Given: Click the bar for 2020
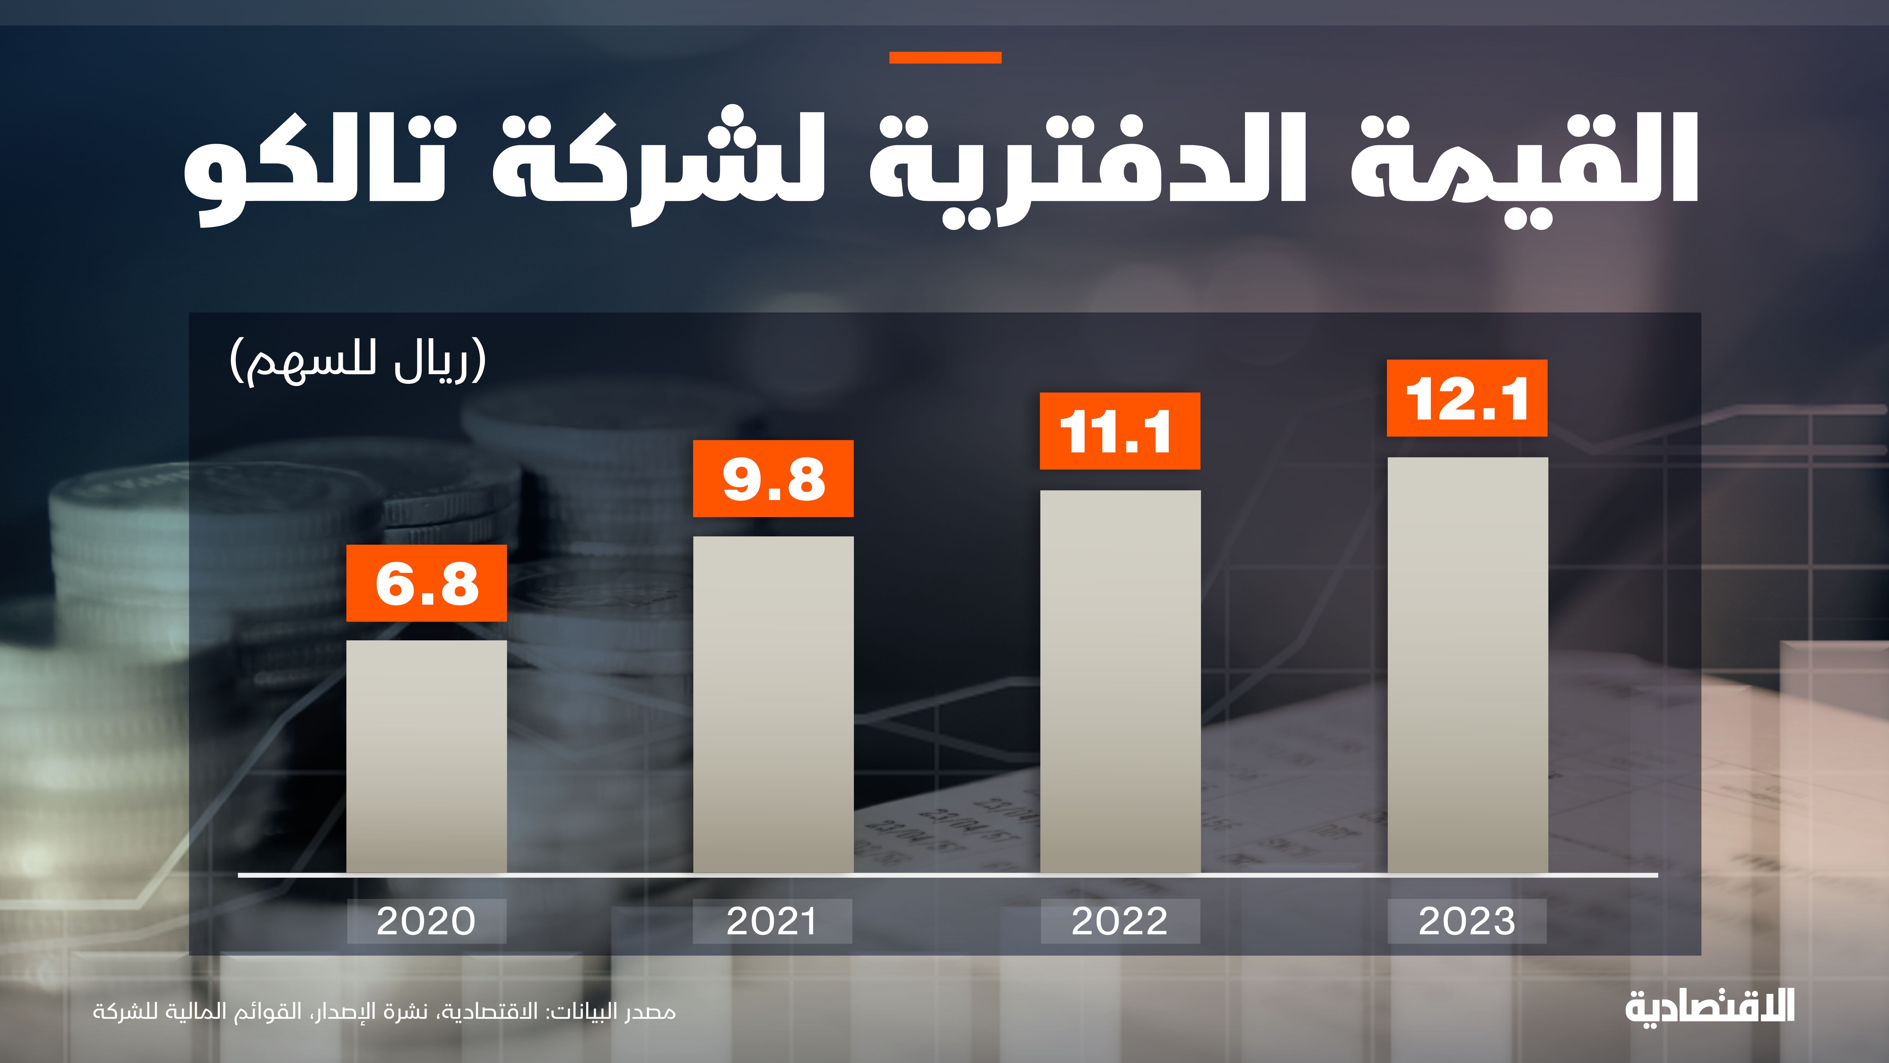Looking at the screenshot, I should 426,756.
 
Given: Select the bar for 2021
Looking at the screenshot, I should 773,704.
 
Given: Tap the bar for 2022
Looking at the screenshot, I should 1120,681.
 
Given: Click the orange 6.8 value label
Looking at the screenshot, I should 426,583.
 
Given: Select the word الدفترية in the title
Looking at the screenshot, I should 1085,165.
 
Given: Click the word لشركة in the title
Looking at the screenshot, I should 660,165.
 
